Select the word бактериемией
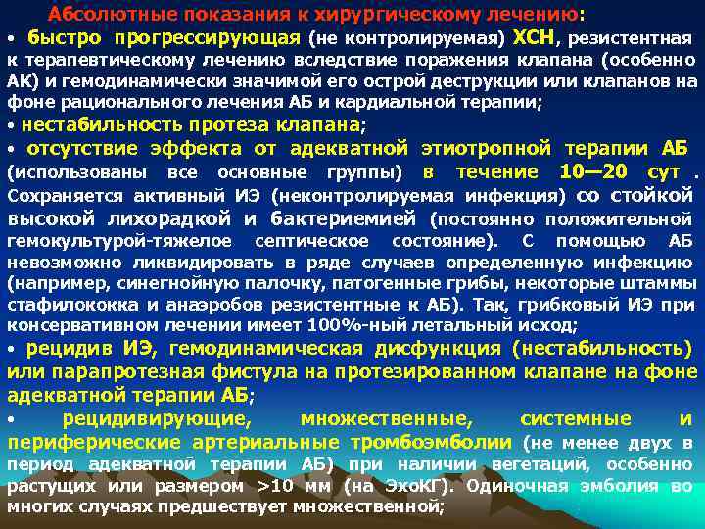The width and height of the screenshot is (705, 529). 344,217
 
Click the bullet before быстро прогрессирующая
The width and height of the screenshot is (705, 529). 12,39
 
